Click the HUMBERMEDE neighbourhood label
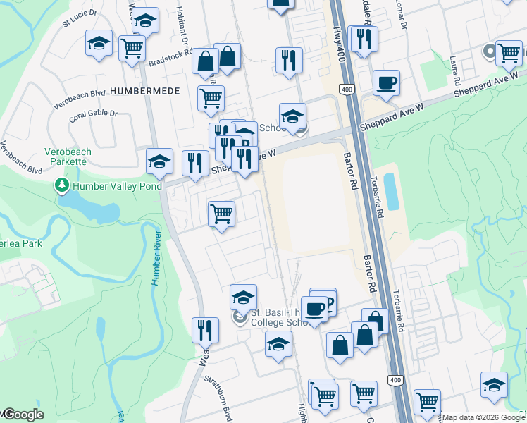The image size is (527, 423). click(145, 91)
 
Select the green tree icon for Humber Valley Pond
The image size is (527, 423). click(62, 186)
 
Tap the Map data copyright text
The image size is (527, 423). click(483, 417)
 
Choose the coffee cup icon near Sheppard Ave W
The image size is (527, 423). click(385, 83)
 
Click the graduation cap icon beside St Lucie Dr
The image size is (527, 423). click(99, 44)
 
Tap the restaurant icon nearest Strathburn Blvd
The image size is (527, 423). click(205, 330)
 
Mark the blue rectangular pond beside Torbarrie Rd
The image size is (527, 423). click(391, 192)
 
